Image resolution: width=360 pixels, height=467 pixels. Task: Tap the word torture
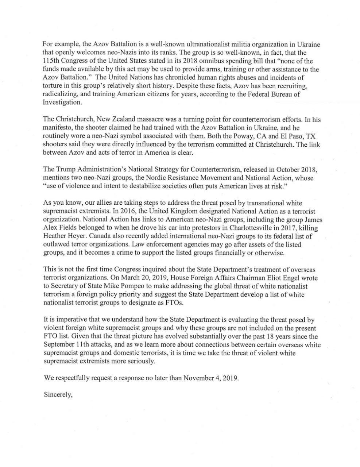pyautogui.click(x=52, y=86)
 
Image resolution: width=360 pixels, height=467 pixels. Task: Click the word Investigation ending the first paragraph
pyautogui.click(x=62, y=103)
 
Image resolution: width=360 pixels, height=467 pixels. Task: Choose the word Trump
pyautogui.click(x=63, y=169)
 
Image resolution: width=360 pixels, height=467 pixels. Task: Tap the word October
pyautogui.click(x=283, y=169)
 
